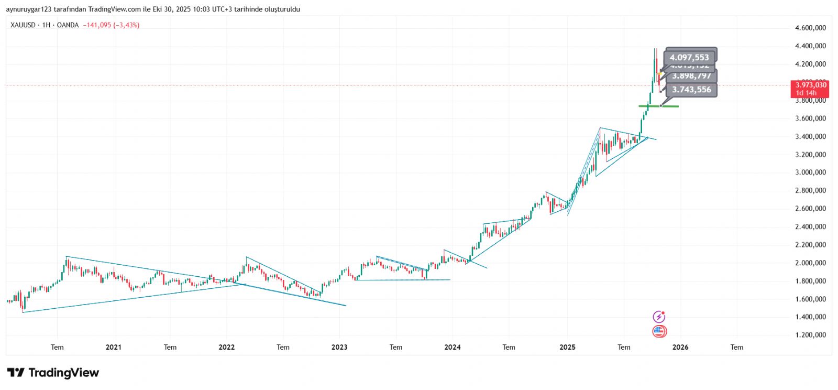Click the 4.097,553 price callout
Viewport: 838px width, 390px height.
click(x=689, y=57)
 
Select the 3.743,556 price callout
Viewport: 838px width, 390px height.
click(x=691, y=90)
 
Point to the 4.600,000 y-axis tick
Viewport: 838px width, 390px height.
click(x=810, y=28)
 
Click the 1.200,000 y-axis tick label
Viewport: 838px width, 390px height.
click(x=810, y=335)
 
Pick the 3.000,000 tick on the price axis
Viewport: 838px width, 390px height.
click(x=810, y=172)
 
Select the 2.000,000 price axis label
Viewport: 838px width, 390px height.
click(x=810, y=263)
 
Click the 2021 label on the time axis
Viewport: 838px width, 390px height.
click(x=113, y=347)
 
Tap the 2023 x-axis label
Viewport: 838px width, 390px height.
click(x=339, y=347)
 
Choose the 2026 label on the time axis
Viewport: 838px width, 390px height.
click(x=680, y=347)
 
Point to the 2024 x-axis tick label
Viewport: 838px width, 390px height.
click(x=453, y=347)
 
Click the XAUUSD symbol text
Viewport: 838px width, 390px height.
click(x=23, y=25)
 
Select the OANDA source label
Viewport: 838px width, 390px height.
click(x=68, y=25)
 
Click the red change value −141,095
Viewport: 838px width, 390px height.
click(x=97, y=25)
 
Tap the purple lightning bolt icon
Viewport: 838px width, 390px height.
click(x=659, y=317)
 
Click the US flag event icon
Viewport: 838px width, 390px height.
click(x=659, y=331)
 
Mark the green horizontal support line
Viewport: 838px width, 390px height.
click(x=659, y=106)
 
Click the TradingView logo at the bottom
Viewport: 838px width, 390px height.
click(x=53, y=373)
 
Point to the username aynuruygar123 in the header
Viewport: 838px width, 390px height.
click(x=29, y=9)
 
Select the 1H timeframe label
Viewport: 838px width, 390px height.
click(x=46, y=25)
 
